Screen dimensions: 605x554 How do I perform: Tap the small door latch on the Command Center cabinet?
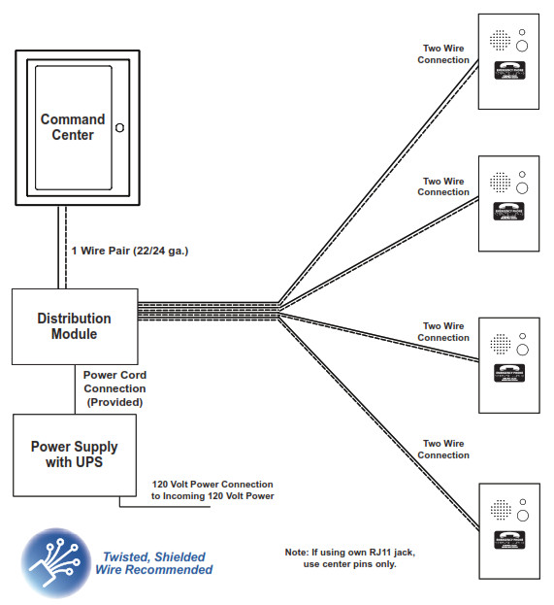(119, 126)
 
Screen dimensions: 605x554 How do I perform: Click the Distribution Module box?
(74, 325)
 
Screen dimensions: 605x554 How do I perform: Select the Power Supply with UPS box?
(74, 454)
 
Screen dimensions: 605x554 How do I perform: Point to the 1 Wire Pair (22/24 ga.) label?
(129, 251)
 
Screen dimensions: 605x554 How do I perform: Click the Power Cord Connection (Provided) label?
(114, 388)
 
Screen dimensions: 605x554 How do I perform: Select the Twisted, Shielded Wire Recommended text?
(154, 563)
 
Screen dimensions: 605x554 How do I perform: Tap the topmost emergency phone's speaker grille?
(500, 41)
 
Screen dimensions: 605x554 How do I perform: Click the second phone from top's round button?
(521, 187)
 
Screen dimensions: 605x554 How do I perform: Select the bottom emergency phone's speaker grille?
(500, 509)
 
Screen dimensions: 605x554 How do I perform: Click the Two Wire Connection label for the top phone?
(443, 53)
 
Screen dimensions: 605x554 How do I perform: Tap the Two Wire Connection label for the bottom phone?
(443, 449)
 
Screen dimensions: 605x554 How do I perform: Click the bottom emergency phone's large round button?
(521, 515)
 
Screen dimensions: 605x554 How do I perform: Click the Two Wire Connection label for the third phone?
(443, 332)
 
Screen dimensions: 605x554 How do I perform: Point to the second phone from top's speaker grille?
(500, 182)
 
